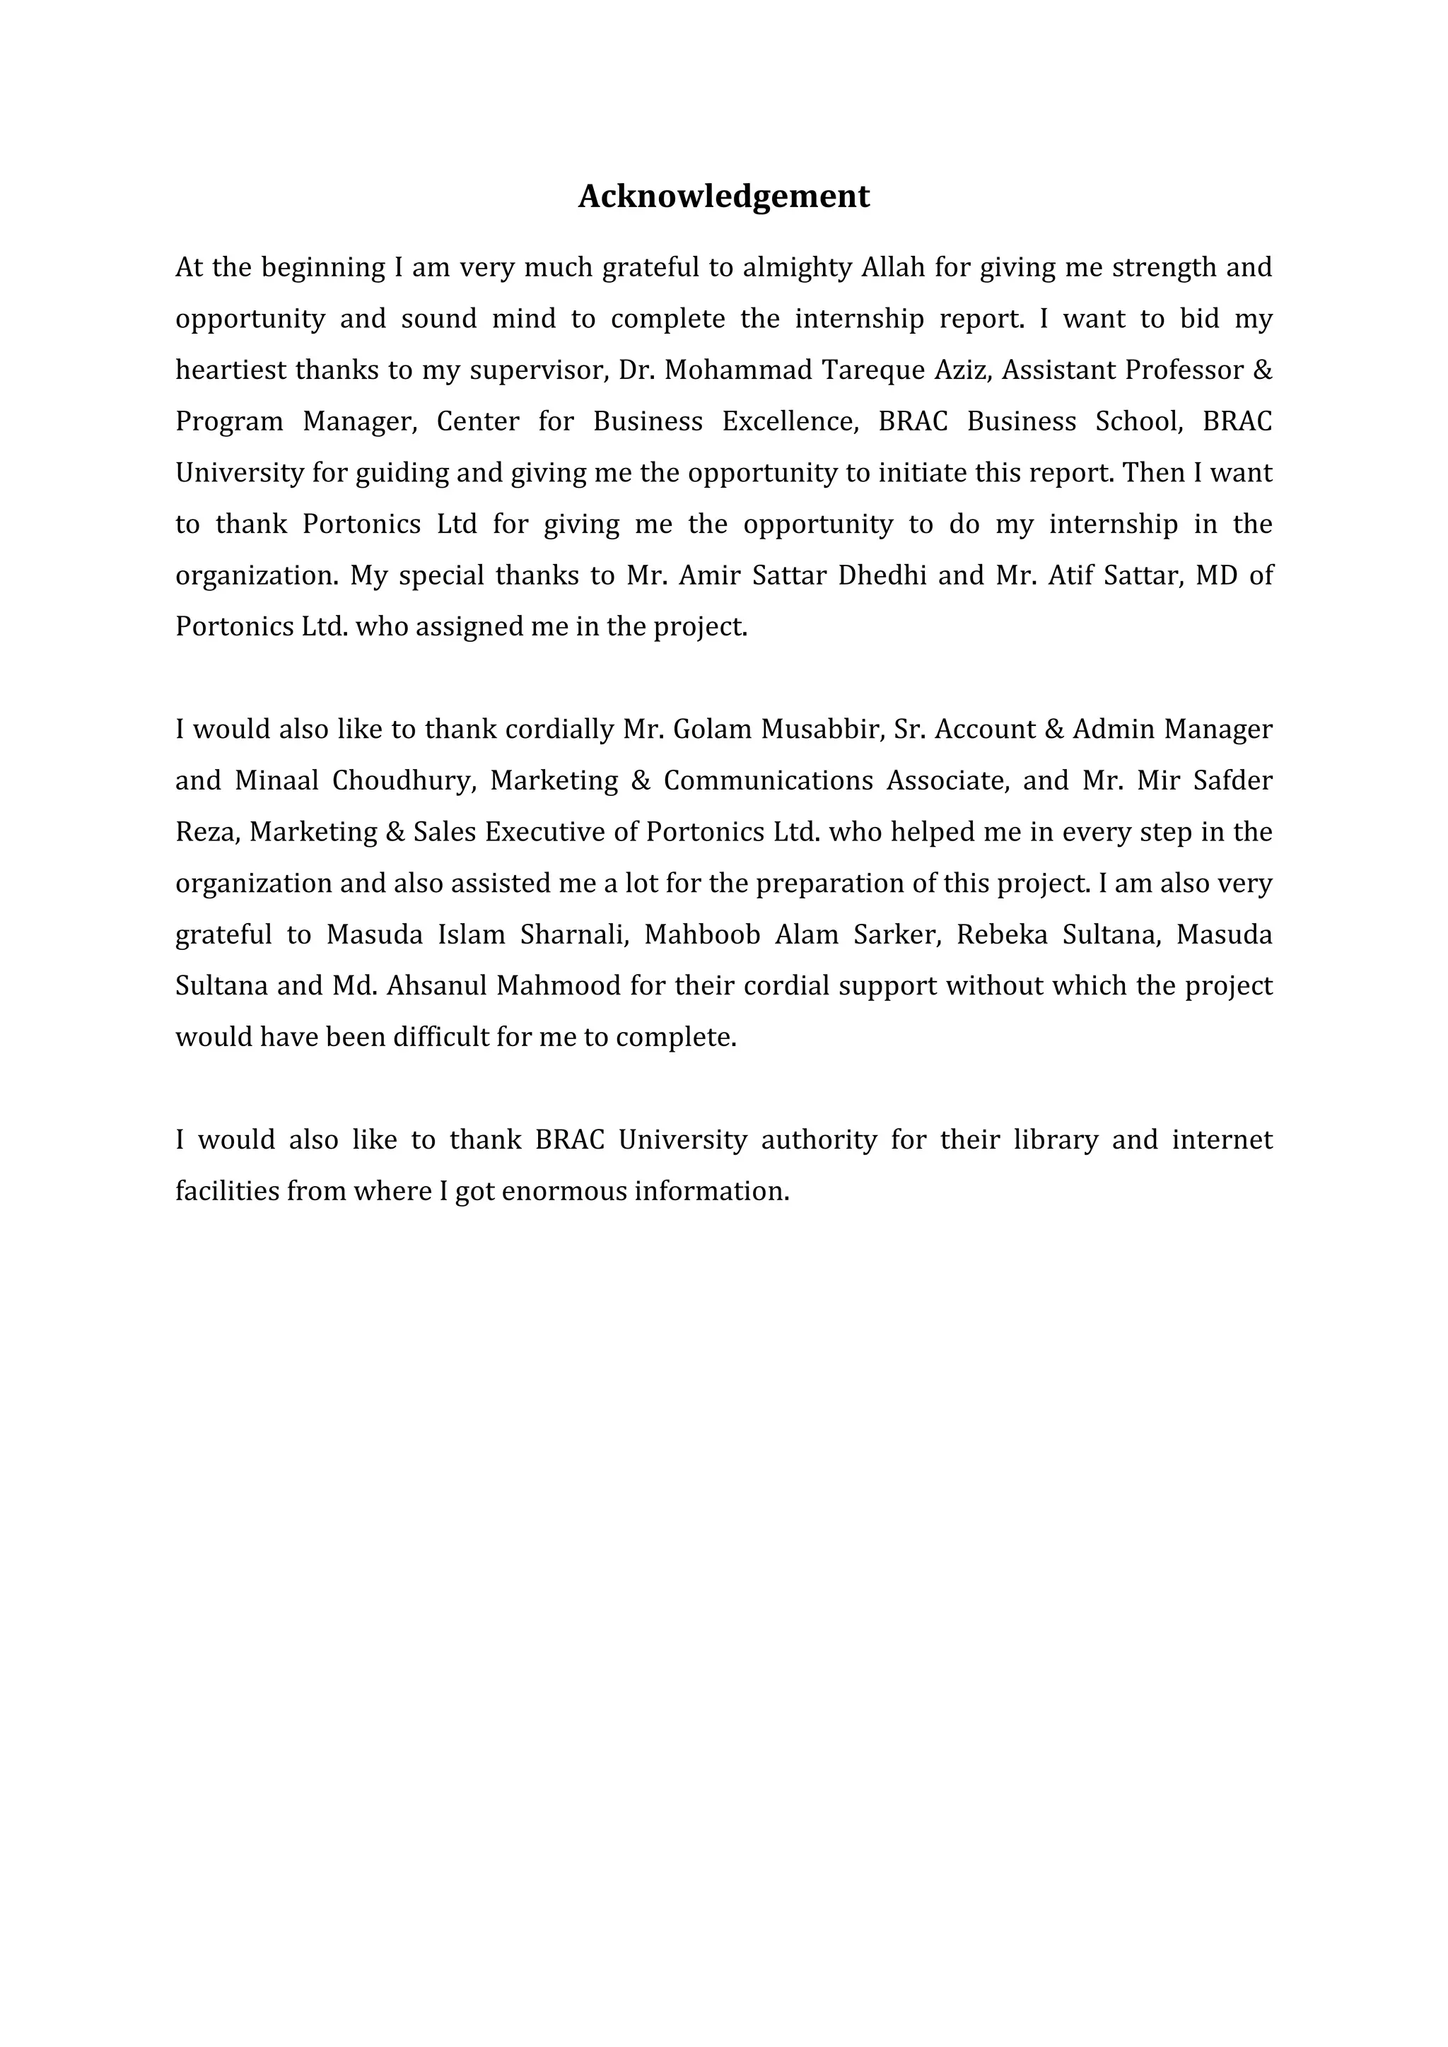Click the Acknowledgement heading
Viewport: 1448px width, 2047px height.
(x=723, y=196)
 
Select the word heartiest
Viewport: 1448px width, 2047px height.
(x=231, y=370)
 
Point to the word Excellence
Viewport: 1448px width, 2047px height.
(x=789, y=421)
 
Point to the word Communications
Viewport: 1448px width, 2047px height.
(x=768, y=781)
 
